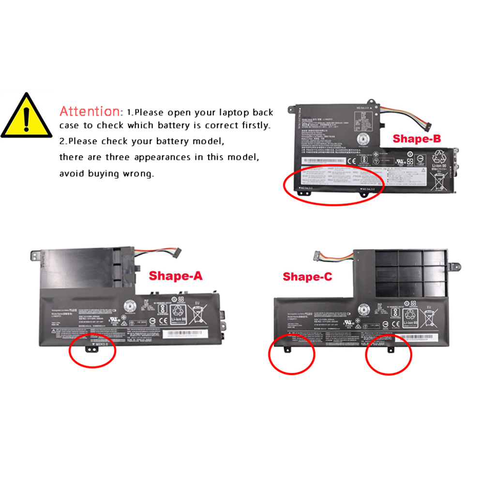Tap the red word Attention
point(90,111)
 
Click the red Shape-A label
point(175,276)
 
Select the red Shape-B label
point(417,139)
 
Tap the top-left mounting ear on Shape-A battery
point(35,253)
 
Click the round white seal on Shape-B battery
point(365,138)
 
